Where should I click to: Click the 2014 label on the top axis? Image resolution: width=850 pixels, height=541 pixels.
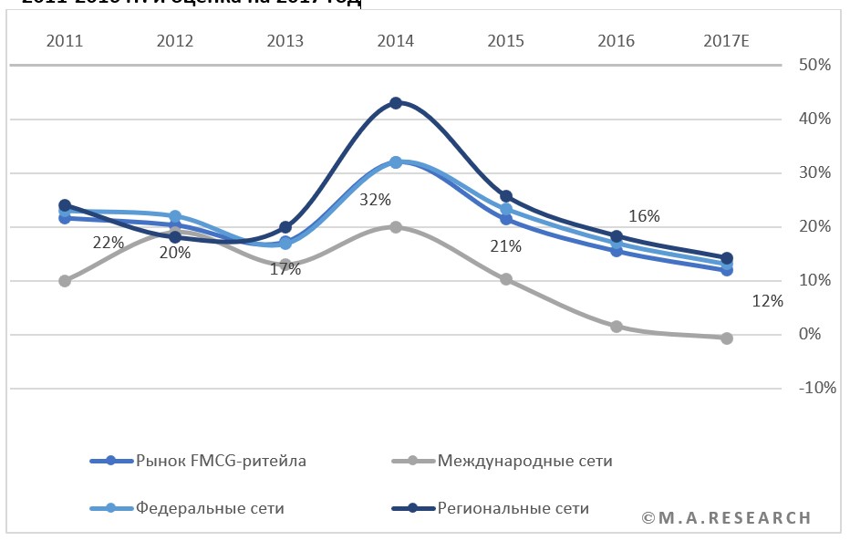point(395,41)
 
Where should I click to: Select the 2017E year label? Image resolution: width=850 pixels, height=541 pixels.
point(726,41)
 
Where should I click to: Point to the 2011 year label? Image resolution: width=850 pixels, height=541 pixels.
point(64,41)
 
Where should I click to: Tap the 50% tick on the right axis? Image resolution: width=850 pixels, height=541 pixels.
point(814,66)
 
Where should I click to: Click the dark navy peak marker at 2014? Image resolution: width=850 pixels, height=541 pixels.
point(396,103)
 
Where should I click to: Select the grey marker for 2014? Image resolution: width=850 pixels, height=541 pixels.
point(396,226)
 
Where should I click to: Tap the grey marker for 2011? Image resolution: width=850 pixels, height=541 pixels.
point(65,281)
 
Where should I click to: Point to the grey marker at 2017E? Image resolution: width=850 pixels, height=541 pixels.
point(727,338)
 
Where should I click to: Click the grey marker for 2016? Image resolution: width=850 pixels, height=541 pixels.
point(617,326)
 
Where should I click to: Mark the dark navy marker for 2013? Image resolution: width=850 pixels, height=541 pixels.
point(285,227)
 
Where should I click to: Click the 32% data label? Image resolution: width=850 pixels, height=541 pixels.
point(375,200)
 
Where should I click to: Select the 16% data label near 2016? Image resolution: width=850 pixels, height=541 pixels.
point(644,216)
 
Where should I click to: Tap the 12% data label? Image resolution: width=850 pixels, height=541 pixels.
point(768,302)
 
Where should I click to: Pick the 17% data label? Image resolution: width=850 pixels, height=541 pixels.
point(285,269)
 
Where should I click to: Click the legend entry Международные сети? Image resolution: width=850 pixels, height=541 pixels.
point(524,461)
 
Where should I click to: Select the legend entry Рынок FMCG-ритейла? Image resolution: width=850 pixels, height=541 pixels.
point(220,461)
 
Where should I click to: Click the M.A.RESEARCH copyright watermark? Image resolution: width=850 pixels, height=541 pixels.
point(726,518)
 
